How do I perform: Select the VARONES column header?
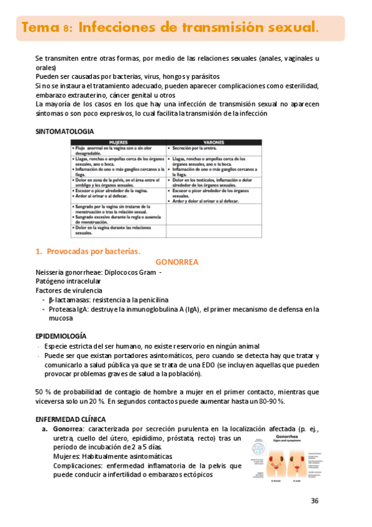coord(214,142)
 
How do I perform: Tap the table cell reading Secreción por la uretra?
coord(199,149)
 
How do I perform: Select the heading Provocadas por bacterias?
coord(93,251)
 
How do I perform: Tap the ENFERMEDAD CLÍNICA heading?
coord(70,419)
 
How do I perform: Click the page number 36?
coord(315,501)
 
